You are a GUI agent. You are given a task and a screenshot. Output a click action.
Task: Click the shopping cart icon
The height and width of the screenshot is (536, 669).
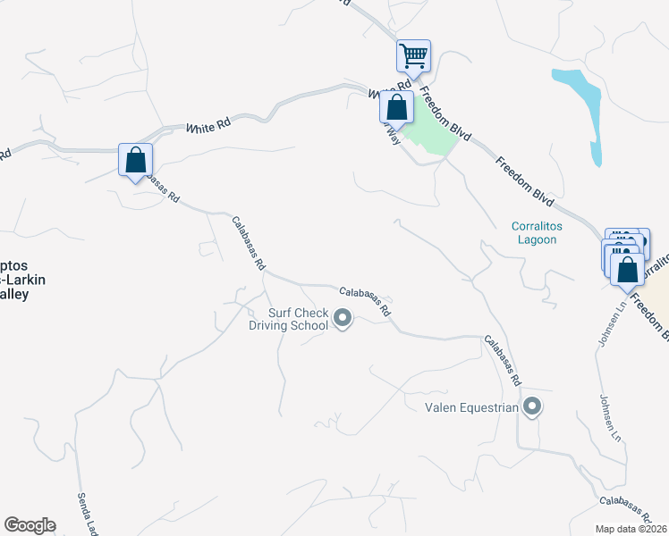pos(413,55)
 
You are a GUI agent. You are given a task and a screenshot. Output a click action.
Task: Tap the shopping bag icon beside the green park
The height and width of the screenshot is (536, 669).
pos(396,107)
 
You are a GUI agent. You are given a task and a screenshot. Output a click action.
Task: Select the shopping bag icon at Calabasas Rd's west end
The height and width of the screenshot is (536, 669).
pos(135,161)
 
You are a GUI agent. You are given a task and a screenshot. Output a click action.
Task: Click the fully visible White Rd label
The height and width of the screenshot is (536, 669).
pos(208,128)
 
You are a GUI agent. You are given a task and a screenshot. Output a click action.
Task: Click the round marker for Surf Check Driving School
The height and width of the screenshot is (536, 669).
pos(343,318)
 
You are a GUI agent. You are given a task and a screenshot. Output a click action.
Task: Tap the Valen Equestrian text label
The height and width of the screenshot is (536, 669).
pos(471,407)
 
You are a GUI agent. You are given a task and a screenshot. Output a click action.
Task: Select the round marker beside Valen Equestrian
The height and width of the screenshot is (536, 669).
pos(532,407)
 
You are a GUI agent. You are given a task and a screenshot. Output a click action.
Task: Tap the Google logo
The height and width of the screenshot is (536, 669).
pos(30,525)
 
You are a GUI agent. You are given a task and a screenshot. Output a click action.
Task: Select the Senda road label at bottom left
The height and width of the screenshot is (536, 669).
pos(85,510)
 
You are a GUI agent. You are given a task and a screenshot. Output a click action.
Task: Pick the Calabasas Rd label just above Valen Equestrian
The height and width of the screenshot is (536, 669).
pos(503,360)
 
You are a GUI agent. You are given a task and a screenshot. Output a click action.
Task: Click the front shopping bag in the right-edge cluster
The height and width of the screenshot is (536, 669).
pos(628,268)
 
